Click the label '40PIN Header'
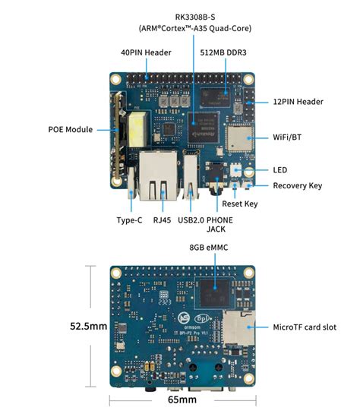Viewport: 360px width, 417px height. point(146,52)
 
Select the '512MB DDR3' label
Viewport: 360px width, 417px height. point(223,52)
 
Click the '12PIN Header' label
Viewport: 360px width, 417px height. point(298,102)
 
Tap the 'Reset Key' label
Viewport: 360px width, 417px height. point(240,204)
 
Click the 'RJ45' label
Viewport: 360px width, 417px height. point(162,220)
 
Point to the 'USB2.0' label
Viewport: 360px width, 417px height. point(191,220)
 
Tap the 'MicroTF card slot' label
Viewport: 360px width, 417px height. point(305,327)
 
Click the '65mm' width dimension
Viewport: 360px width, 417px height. point(182,400)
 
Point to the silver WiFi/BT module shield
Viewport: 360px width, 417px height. point(238,138)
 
